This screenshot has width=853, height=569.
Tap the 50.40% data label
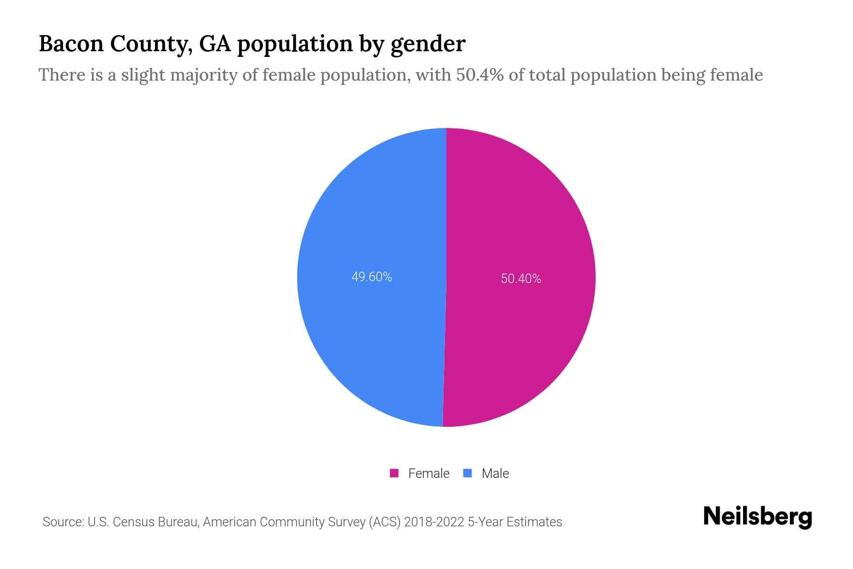(x=521, y=279)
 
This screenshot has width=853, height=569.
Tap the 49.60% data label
(x=372, y=277)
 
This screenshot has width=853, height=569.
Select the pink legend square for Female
(x=394, y=473)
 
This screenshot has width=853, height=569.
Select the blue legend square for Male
(x=468, y=473)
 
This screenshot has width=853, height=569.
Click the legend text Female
(x=428, y=473)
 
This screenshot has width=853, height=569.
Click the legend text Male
(x=495, y=473)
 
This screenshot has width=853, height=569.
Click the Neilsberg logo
(x=757, y=517)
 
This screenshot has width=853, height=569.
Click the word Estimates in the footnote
(x=534, y=522)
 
